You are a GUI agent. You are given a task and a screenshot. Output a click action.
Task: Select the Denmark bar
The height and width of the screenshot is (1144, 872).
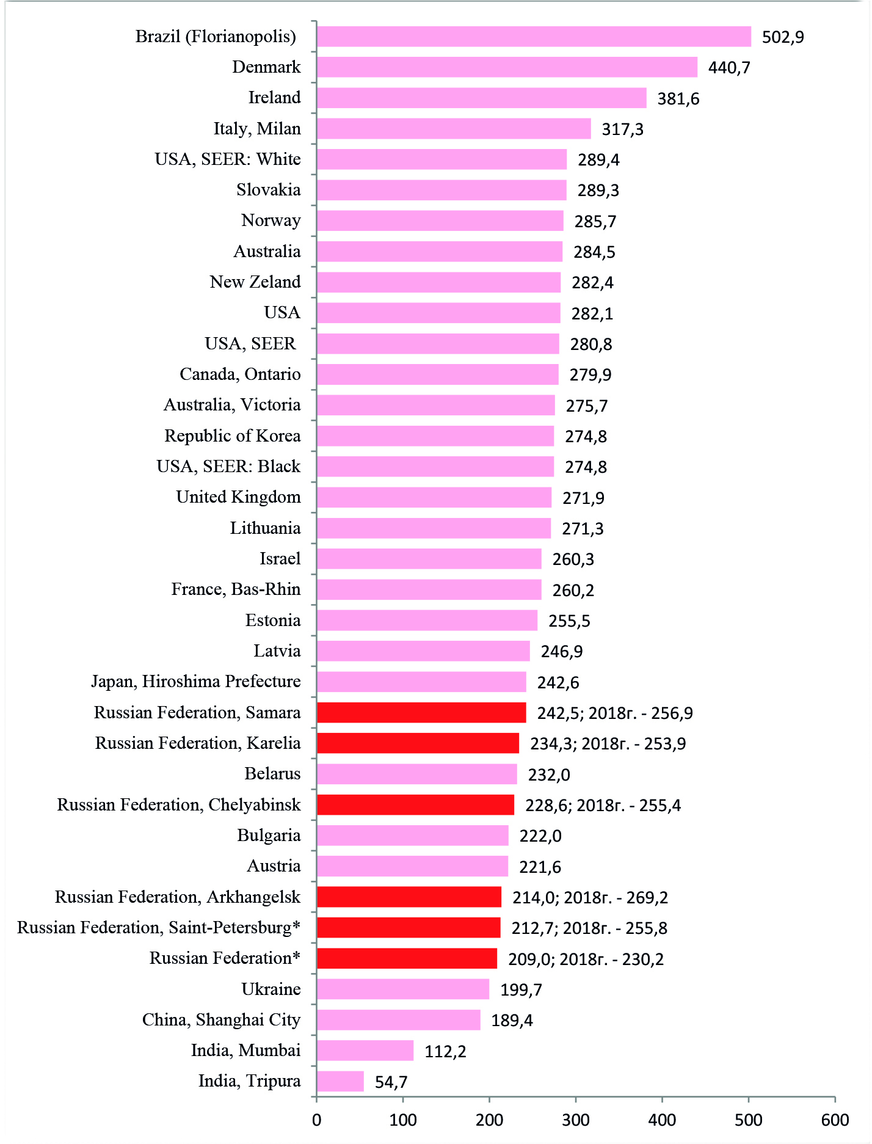tap(507, 67)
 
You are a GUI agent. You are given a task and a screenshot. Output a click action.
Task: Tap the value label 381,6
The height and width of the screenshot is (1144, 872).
tap(678, 99)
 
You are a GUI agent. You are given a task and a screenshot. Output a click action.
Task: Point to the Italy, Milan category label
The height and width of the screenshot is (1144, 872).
tap(257, 129)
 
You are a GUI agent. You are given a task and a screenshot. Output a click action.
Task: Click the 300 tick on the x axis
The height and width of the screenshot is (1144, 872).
tap(576, 1120)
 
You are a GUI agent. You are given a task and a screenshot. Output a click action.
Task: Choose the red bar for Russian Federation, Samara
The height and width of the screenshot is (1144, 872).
tap(421, 713)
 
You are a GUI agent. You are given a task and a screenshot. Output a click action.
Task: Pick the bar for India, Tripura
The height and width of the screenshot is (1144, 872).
tap(340, 1081)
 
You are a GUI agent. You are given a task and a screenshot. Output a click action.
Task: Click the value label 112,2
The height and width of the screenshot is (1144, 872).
tap(445, 1051)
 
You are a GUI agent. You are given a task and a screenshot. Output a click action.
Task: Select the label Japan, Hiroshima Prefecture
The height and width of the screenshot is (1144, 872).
tap(196, 682)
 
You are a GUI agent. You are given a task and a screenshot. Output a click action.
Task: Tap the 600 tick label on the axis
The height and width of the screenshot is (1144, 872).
tap(835, 1120)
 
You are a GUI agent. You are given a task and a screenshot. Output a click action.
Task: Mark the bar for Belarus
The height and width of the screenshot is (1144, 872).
tap(417, 774)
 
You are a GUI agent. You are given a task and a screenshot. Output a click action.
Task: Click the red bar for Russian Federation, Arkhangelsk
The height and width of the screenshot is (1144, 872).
tap(409, 897)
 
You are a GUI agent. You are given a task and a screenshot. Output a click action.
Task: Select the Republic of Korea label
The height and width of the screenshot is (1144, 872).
tap(233, 436)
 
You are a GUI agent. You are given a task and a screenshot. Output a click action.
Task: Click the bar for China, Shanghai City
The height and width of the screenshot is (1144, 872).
tap(399, 1020)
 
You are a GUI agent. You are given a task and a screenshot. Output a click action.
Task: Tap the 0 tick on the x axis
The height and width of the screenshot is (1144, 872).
tap(316, 1120)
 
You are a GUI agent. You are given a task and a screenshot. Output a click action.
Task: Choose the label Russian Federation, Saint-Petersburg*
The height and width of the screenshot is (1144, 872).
tap(159, 928)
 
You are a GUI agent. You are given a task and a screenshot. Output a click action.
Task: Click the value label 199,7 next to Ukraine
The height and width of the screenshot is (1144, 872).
tap(521, 989)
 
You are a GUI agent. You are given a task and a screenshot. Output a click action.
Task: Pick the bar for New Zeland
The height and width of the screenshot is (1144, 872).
tap(438, 282)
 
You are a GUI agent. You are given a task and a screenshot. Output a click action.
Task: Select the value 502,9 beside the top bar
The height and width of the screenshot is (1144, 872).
tap(783, 37)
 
